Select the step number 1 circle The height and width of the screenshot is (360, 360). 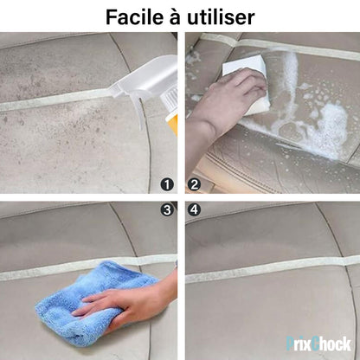[x=167, y=183]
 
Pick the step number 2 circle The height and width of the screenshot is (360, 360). [x=194, y=183]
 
